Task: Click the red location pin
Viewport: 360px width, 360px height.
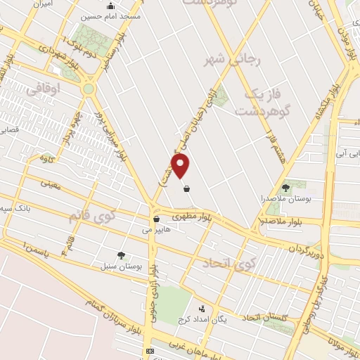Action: [x=181, y=166]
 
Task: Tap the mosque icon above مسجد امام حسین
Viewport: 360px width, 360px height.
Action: [x=110, y=6]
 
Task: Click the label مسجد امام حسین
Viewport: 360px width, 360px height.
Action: [x=111, y=15]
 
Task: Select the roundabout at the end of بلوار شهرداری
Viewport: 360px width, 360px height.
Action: [x=89, y=89]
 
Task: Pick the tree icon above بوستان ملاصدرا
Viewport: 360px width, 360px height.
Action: [x=285, y=187]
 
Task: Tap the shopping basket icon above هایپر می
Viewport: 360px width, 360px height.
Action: [x=156, y=219]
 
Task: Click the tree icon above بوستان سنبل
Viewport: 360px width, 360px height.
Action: [x=121, y=255]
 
